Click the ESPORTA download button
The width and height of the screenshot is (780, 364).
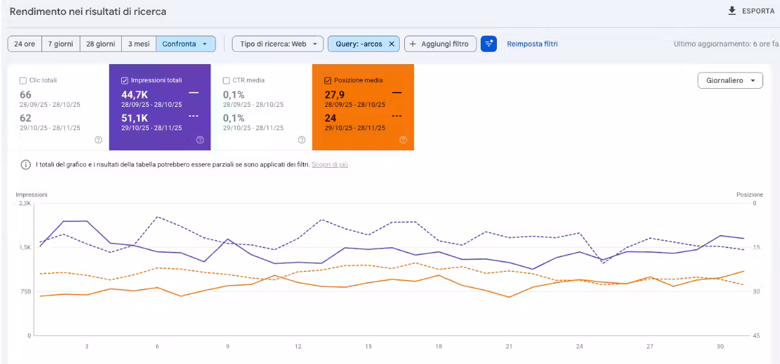pyautogui.click(x=751, y=11)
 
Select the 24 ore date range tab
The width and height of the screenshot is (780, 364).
pyautogui.click(x=25, y=44)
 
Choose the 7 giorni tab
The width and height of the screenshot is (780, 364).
pyautogui.click(x=61, y=44)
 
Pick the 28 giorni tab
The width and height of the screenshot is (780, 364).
pyautogui.click(x=100, y=44)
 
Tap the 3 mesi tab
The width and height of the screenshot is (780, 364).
pyautogui.click(x=139, y=44)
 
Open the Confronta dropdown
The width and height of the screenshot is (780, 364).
pyautogui.click(x=185, y=44)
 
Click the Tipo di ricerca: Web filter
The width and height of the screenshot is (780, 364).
pyautogui.click(x=277, y=44)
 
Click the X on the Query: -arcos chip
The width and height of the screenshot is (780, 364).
pyautogui.click(x=391, y=44)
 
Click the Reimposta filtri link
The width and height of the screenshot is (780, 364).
pyautogui.click(x=532, y=44)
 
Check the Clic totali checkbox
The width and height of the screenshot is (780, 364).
pyautogui.click(x=23, y=81)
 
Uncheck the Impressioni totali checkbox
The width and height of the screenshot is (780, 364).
pyautogui.click(x=124, y=81)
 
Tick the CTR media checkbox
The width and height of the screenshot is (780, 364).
pyautogui.click(x=226, y=81)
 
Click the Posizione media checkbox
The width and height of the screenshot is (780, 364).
pyautogui.click(x=328, y=81)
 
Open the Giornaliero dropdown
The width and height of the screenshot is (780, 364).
pyautogui.click(x=730, y=80)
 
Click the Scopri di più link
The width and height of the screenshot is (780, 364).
pyautogui.click(x=330, y=165)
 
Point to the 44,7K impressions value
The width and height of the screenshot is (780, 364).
pyautogui.click(x=134, y=95)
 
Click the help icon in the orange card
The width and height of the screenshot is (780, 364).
pyautogui.click(x=403, y=140)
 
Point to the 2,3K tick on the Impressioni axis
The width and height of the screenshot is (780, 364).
pyautogui.click(x=25, y=203)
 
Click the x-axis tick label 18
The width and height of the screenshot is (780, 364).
pyautogui.click(x=439, y=347)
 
